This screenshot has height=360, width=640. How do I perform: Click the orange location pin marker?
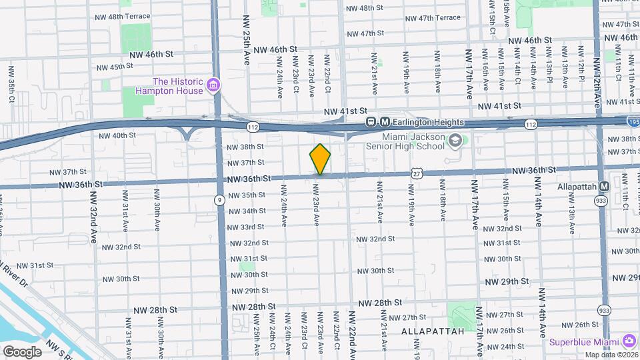tap(320, 159)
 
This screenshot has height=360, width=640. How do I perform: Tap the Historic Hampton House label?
tap(169, 85)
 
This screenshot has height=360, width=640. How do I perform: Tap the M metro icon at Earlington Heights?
tap(385, 122)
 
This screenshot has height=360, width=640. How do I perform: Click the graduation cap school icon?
tap(455, 141)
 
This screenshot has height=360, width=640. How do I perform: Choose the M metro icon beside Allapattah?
tap(604, 187)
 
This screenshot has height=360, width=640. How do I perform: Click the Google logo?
tap(22, 351)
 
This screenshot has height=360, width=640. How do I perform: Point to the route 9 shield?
tap(219, 199)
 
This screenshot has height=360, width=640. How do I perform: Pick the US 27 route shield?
tap(416, 173)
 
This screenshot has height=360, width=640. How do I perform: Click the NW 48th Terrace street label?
tap(123, 16)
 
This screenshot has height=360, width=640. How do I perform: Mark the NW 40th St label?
tap(117, 135)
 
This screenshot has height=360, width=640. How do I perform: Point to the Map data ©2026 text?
tap(611, 355)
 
